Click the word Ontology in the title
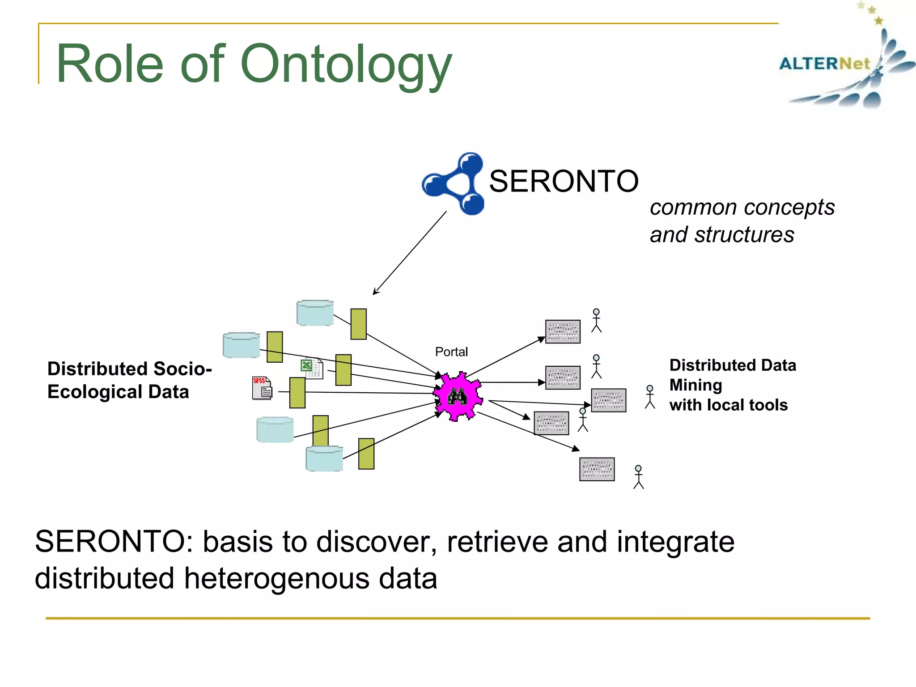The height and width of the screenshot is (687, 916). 346,65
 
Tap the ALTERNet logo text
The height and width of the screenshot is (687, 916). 824,64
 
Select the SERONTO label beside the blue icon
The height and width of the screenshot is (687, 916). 564,181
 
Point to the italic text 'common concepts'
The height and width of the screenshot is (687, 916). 742,208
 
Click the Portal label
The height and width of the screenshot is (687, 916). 451,352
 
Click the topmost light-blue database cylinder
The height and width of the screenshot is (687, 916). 315,313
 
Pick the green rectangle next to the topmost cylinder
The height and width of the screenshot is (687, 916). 358,324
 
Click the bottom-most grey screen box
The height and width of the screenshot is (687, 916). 597,469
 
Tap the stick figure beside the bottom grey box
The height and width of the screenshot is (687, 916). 638,477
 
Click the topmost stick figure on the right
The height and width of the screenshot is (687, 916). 596,320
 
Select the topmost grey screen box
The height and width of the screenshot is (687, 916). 563,331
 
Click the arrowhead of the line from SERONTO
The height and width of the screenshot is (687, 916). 375,292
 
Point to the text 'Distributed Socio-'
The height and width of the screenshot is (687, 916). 129,369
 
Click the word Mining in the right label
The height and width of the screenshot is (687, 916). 695,385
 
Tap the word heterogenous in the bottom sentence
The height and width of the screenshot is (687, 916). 277,578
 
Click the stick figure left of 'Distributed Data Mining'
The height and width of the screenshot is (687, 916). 650,397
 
